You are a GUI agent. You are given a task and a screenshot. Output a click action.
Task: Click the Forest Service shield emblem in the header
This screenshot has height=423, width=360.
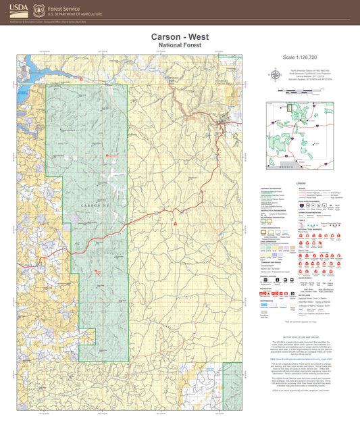[40, 10]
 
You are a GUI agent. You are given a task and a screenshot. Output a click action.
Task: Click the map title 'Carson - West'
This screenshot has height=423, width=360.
[180, 36]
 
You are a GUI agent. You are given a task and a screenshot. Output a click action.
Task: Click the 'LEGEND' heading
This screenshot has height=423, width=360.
[301, 184]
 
